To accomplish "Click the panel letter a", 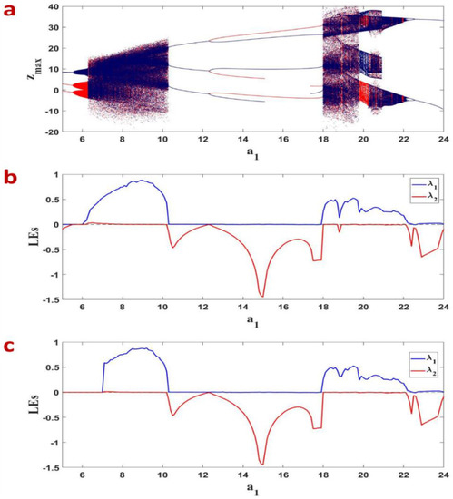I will [10, 11].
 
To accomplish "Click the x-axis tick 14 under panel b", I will [242, 309].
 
